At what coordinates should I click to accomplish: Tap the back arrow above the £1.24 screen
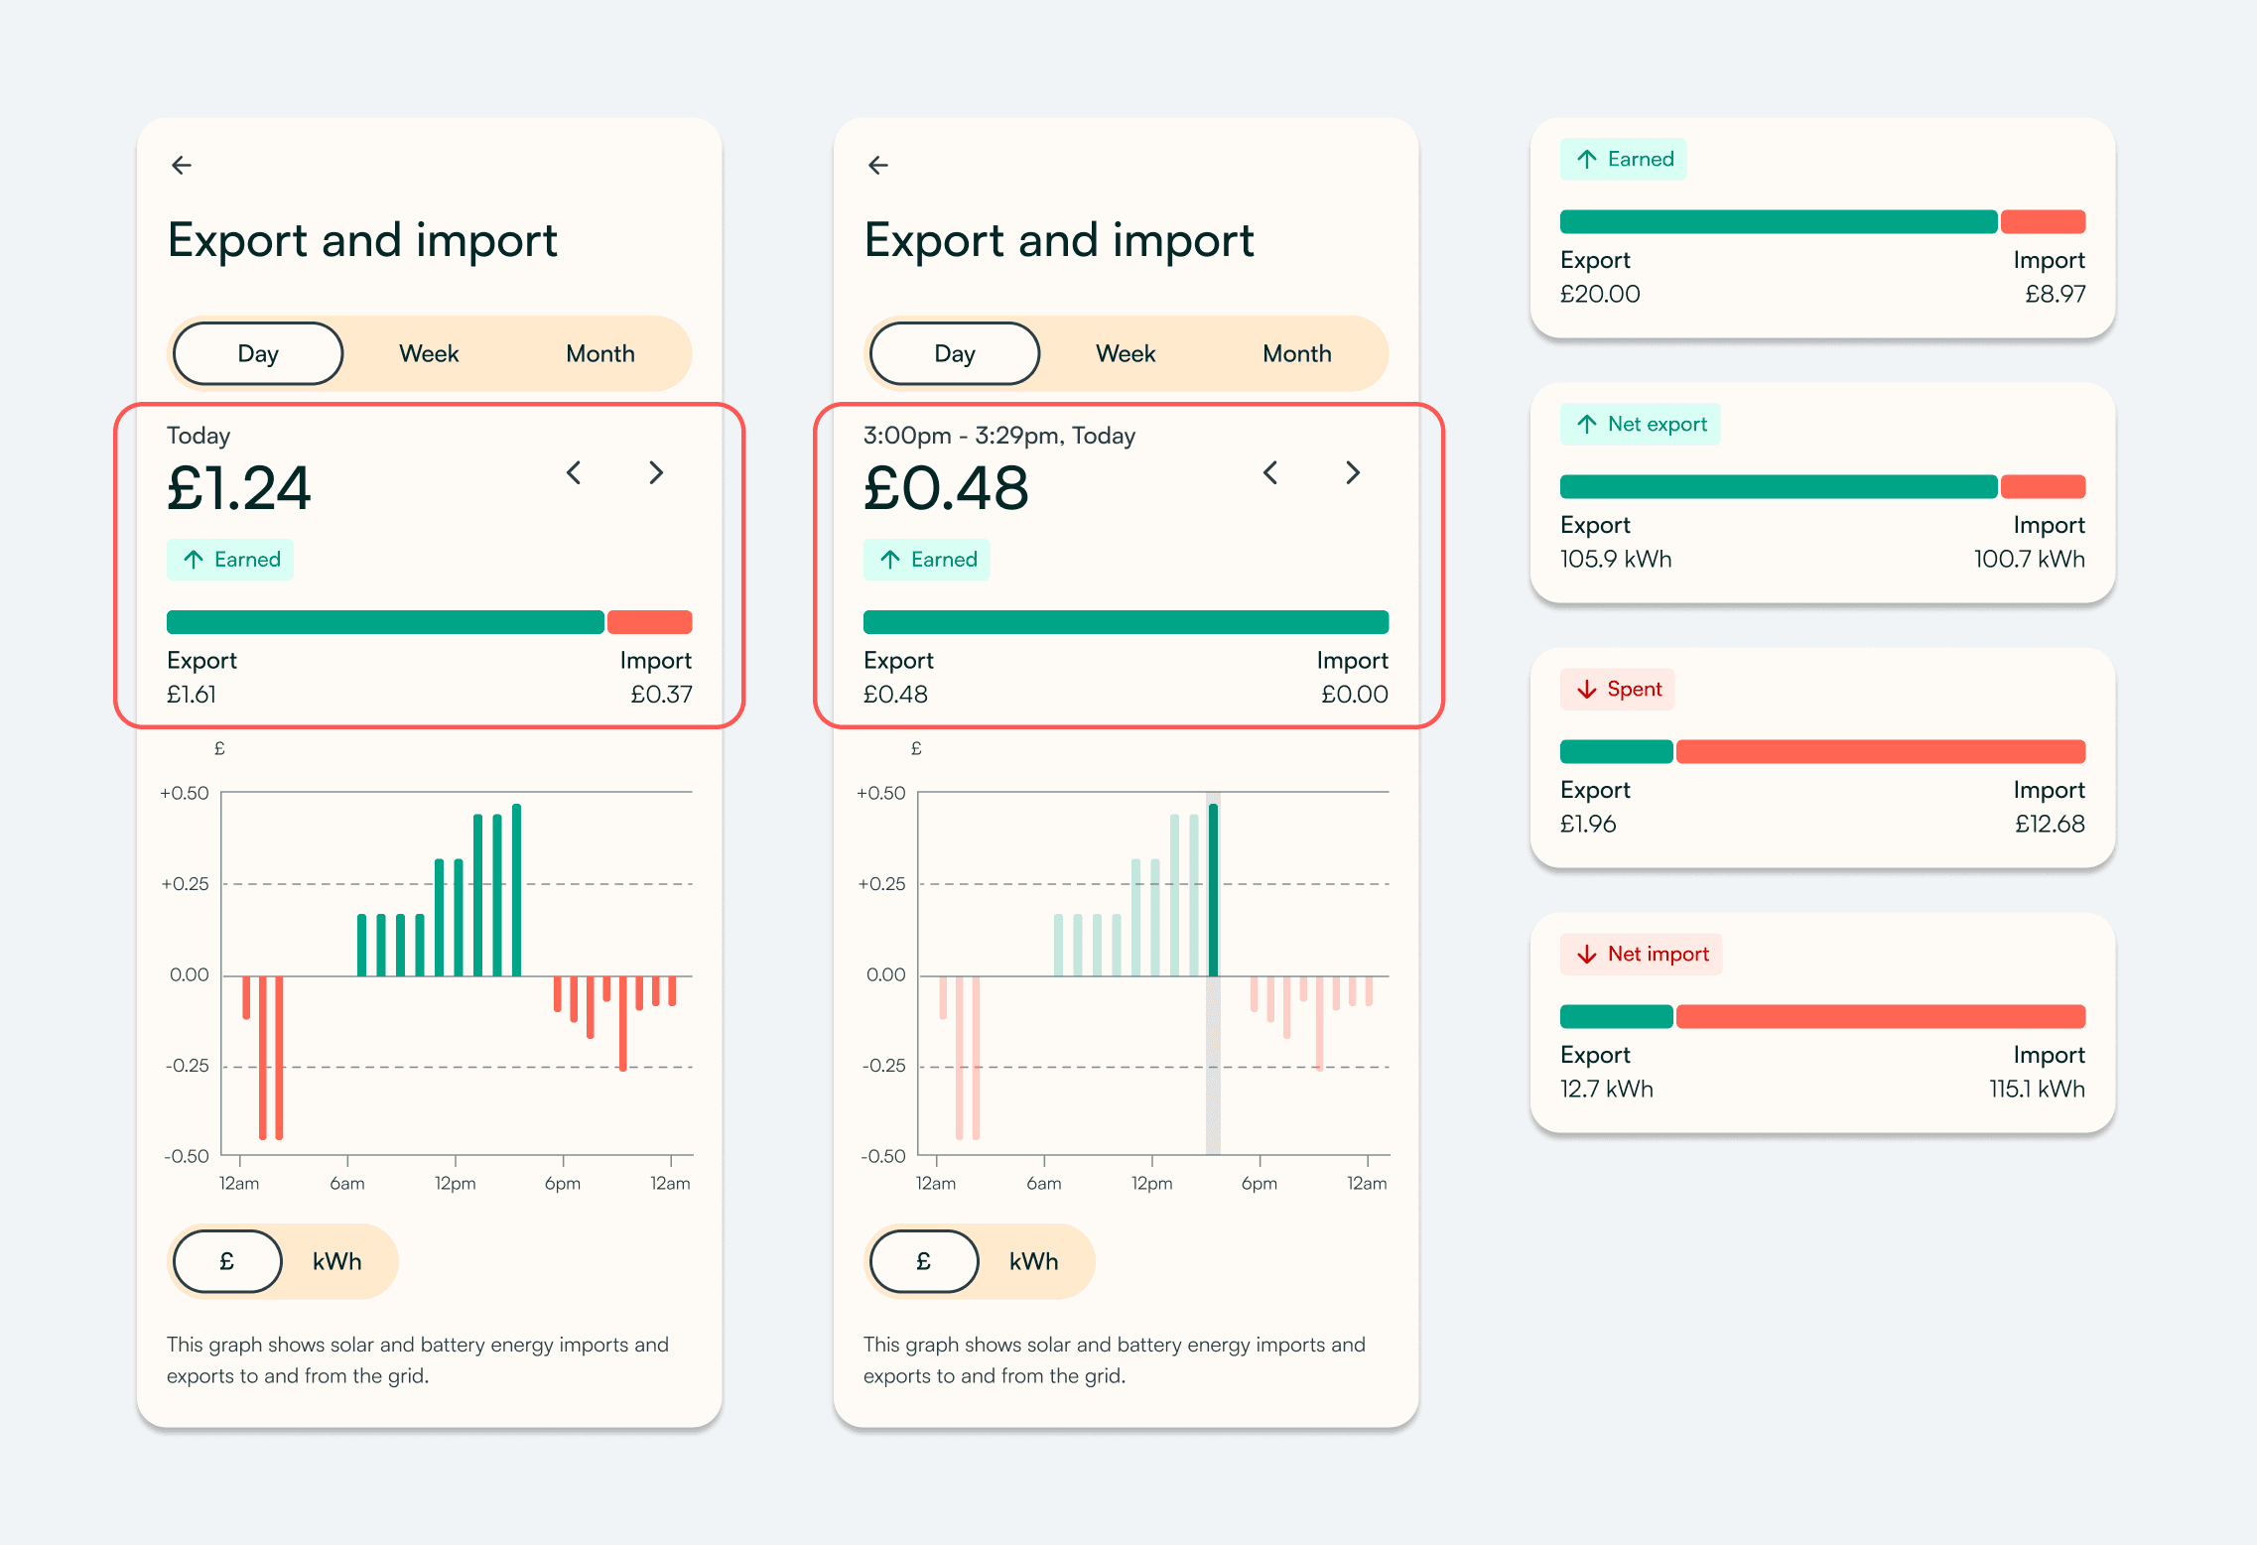point(182,165)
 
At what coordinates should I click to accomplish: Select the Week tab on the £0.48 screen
point(1126,353)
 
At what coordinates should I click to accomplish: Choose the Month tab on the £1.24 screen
point(600,353)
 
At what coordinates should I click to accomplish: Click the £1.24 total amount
point(239,488)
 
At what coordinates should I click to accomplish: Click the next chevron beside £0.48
point(1353,472)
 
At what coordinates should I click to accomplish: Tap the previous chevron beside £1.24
point(574,472)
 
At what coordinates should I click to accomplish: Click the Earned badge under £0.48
point(927,560)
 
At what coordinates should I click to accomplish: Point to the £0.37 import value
point(661,695)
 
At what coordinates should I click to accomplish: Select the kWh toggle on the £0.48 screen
point(1033,1261)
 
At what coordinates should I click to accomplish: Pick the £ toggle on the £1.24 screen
point(227,1261)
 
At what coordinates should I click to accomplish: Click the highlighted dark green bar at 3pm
point(1213,890)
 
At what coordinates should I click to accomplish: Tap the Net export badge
point(1641,425)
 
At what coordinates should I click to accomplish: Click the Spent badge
point(1618,690)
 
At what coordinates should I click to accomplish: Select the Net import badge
point(1642,955)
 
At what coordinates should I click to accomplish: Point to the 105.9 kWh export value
point(1616,560)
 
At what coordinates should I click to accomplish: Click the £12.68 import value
point(2050,825)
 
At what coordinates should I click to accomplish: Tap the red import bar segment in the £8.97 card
point(2043,221)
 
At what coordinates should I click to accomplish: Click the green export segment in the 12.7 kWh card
point(1617,1016)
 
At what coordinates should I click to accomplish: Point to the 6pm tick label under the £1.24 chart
point(563,1184)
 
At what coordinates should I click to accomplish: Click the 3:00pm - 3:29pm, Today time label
point(999,436)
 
